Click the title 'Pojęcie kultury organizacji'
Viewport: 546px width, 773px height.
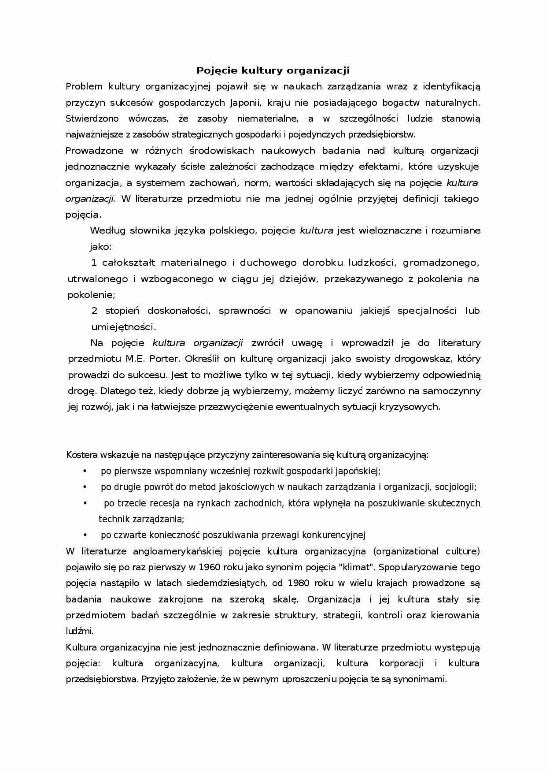point(273,71)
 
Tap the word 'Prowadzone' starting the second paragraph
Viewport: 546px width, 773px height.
point(94,151)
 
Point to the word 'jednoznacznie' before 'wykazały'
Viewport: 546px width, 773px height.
point(97,167)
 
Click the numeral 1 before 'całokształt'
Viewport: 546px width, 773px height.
point(94,263)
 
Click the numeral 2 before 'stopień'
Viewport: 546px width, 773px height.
point(94,311)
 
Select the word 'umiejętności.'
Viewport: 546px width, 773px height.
point(123,327)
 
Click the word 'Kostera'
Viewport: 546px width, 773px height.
point(81,455)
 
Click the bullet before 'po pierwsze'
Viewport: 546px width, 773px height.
point(85,471)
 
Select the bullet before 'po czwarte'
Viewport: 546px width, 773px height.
point(85,535)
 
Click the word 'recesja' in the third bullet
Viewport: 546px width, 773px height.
point(165,503)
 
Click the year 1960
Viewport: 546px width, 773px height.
point(209,567)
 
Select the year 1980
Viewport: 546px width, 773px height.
point(298,583)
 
